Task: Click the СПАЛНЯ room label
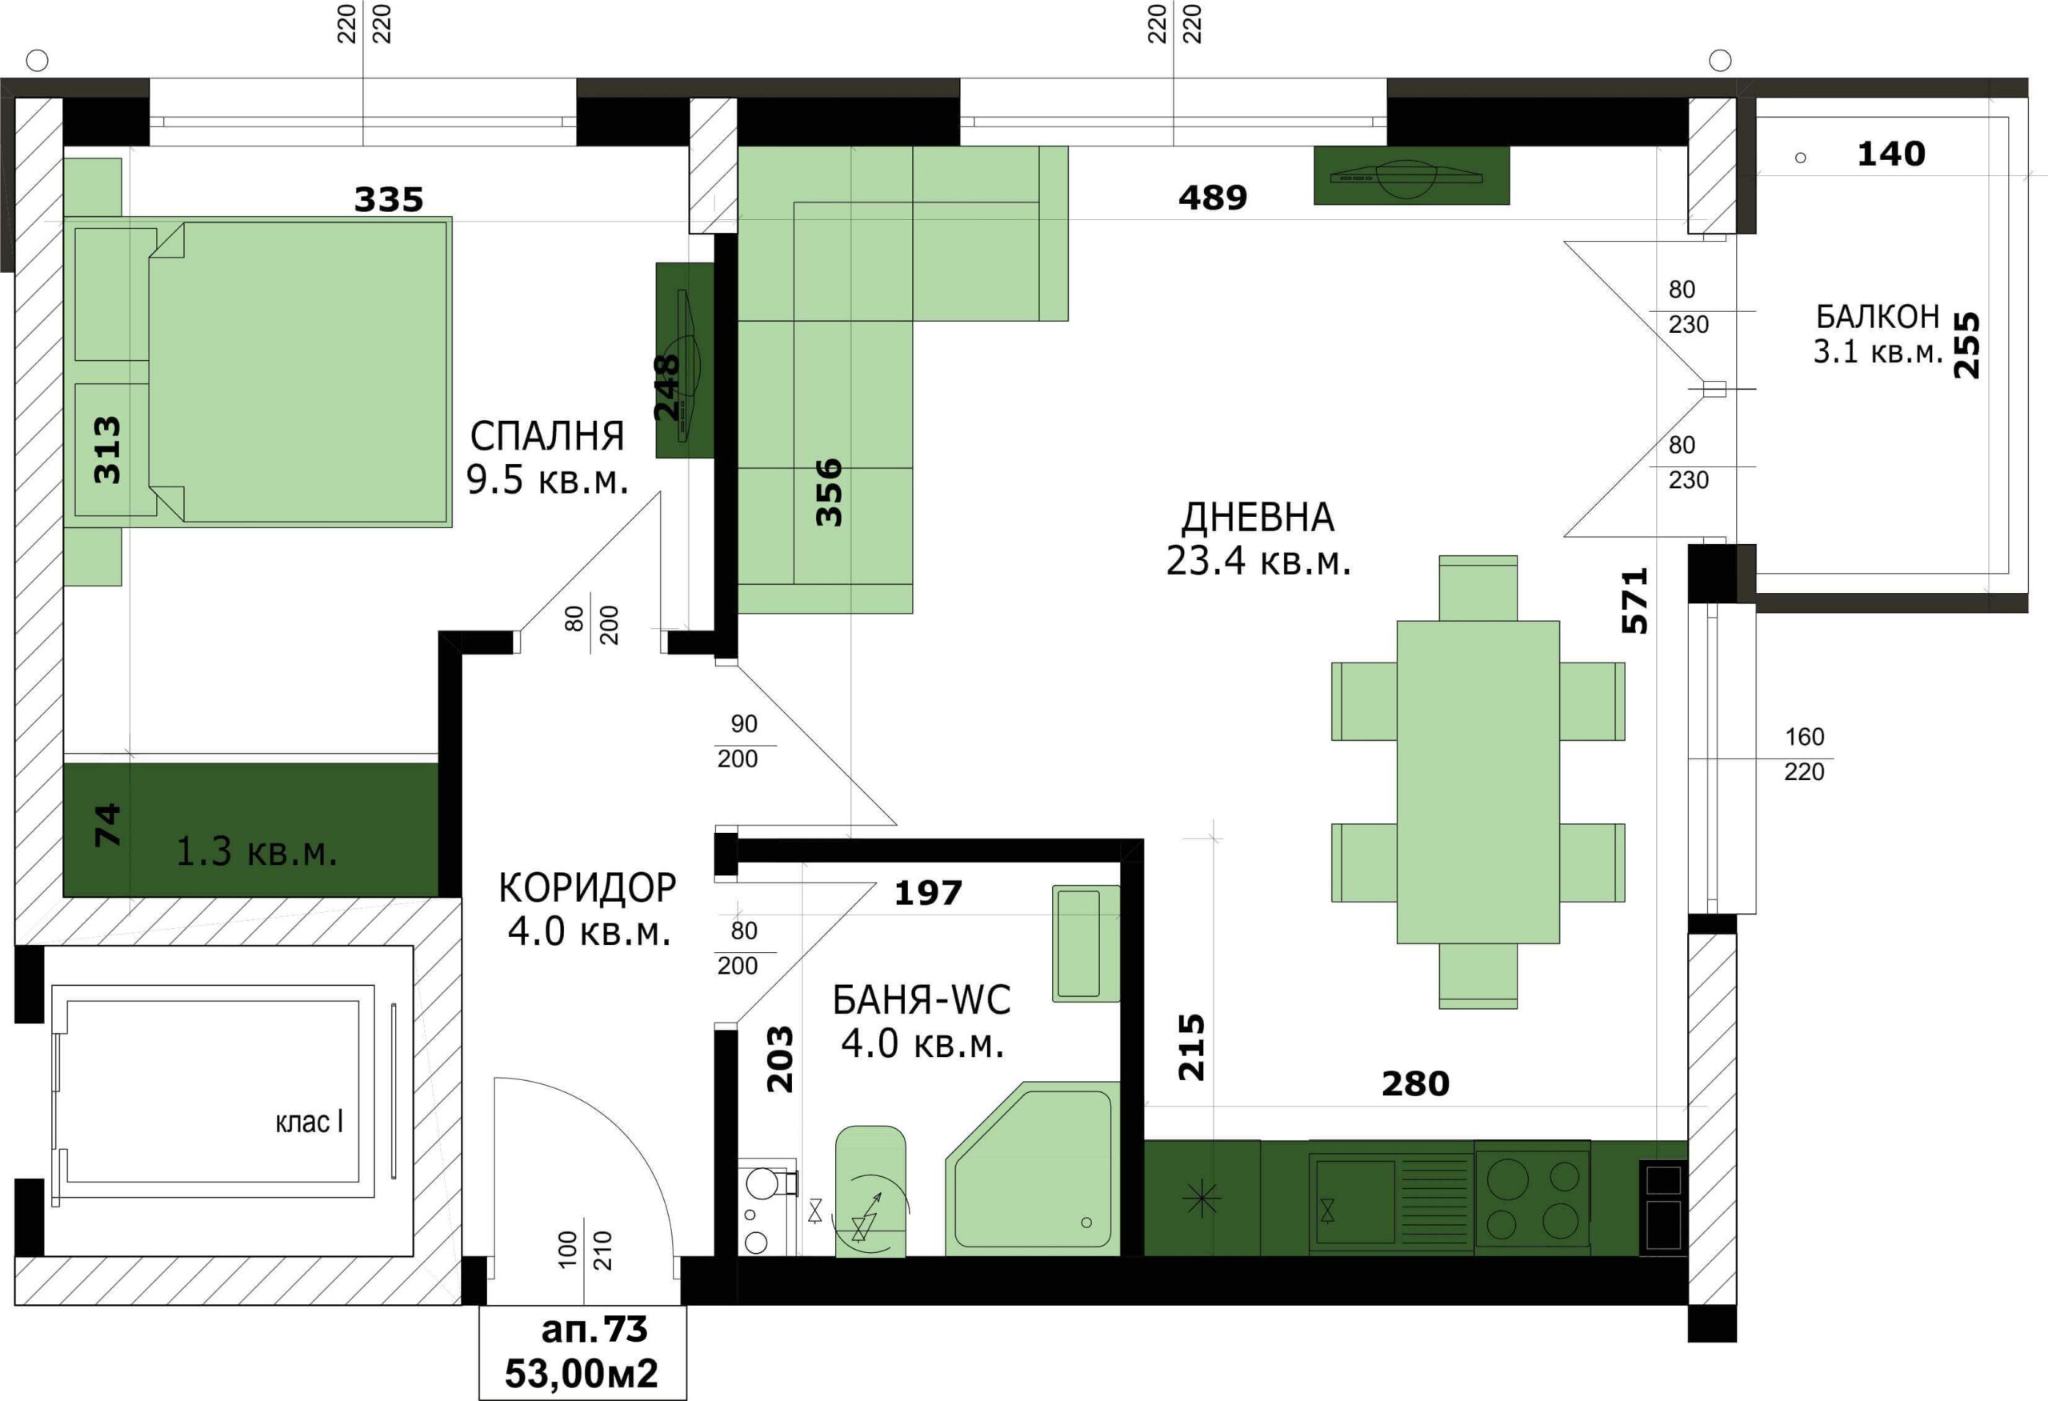(547, 435)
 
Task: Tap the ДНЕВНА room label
(1258, 517)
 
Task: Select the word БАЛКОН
(1877, 315)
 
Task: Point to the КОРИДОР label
(588, 887)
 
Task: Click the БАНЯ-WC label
(922, 999)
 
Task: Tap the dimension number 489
(1213, 198)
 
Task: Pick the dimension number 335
(389, 200)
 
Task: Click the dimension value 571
(1634, 601)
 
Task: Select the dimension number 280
(1415, 1083)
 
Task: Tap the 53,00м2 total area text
(582, 1373)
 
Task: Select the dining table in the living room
(1478, 782)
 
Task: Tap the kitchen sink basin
(1355, 1202)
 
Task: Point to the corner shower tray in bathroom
(1033, 1168)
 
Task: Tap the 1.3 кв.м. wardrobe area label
(257, 851)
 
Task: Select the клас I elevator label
(309, 1122)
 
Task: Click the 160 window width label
(1804, 737)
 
